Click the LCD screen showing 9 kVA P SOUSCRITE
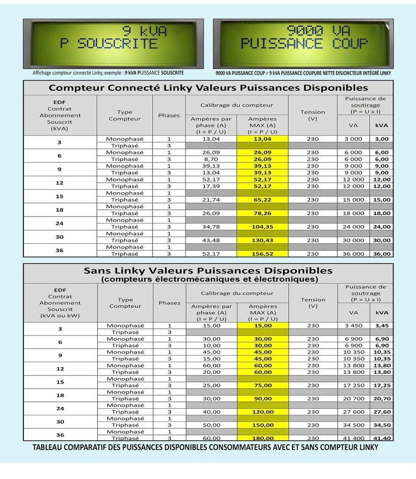(x=113, y=44)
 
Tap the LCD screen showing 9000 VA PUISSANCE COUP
(x=303, y=44)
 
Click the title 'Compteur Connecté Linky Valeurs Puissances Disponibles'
(x=208, y=88)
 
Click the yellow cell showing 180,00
(x=263, y=438)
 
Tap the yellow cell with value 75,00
(x=263, y=385)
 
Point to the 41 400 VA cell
(x=353, y=438)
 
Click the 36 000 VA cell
(x=353, y=254)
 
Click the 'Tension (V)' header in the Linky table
(x=313, y=115)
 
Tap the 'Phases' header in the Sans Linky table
(x=169, y=303)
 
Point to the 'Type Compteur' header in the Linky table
(x=124, y=115)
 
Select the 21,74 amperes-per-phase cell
(x=211, y=200)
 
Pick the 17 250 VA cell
(x=353, y=385)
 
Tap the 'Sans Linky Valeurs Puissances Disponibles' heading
(x=208, y=271)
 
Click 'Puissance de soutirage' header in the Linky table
(x=365, y=105)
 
